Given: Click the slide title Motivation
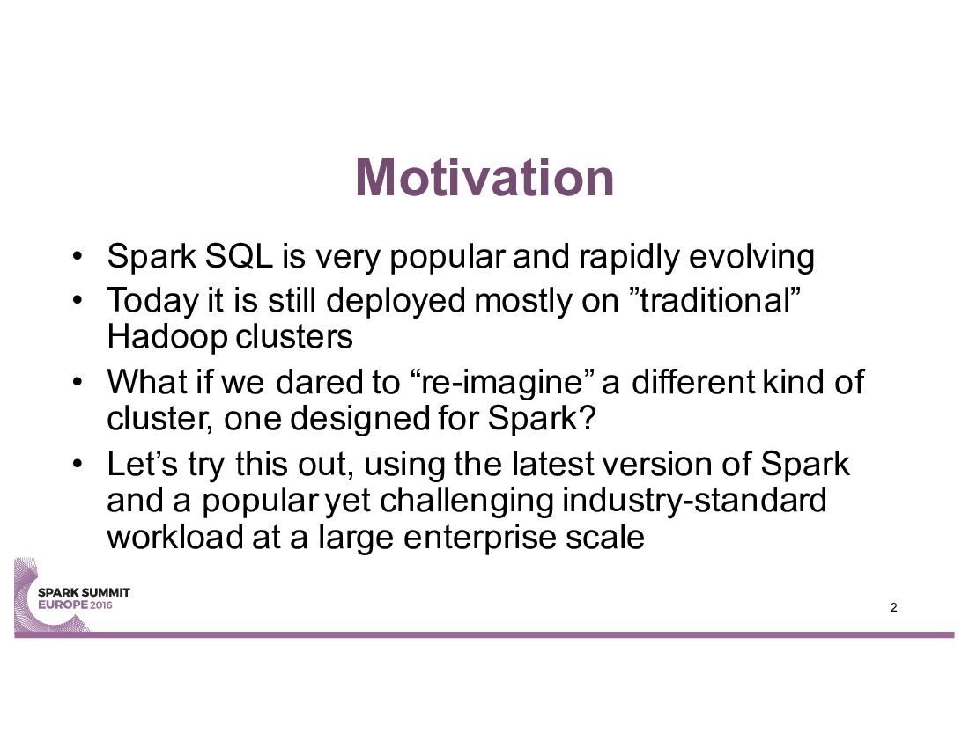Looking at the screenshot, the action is click(x=484, y=178).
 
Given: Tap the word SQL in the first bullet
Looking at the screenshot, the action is click(x=239, y=255).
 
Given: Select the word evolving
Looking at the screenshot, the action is click(x=751, y=257).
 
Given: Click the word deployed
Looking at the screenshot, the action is click(x=396, y=302).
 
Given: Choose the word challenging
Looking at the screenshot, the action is click(x=466, y=502).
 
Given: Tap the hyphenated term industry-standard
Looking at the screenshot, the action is click(x=694, y=500).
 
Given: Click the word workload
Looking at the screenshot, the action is click(x=175, y=537).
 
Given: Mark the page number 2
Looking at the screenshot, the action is click(x=893, y=607).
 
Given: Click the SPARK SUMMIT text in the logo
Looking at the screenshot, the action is click(x=84, y=592).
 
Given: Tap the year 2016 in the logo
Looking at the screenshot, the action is click(x=101, y=605).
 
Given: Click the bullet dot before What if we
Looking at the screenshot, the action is click(x=76, y=383).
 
